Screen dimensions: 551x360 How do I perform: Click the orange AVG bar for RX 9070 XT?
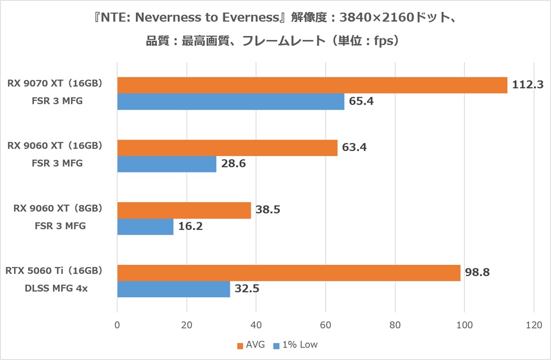pos(312,86)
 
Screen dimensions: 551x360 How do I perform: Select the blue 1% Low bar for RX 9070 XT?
pos(231,101)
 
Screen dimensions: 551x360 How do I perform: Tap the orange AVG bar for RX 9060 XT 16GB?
pos(228,148)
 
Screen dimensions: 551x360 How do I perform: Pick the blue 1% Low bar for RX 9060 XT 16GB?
pos(167,164)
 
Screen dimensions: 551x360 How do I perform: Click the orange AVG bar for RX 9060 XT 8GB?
pos(184,210)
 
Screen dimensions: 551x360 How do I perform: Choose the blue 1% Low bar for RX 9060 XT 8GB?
pos(145,226)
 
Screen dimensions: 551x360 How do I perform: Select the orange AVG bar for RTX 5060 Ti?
pos(289,273)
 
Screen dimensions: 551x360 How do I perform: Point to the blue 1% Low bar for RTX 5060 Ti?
pos(174,289)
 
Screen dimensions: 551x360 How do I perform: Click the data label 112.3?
pos(527,85)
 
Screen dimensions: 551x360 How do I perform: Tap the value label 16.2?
pos(190,226)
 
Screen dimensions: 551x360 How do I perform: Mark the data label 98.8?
pos(477,272)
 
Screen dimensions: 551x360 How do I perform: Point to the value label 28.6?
pos(233,163)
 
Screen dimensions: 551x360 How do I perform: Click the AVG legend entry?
pos(251,345)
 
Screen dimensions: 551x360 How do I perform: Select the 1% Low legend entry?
pos(296,345)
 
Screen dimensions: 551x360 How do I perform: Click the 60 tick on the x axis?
pos(326,325)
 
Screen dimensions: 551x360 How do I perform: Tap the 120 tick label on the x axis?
pos(534,325)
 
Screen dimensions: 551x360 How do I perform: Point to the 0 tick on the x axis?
pos(117,325)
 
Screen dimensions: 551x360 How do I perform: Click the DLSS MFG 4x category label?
pos(56,288)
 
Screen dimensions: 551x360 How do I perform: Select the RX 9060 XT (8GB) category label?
pos(57,208)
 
